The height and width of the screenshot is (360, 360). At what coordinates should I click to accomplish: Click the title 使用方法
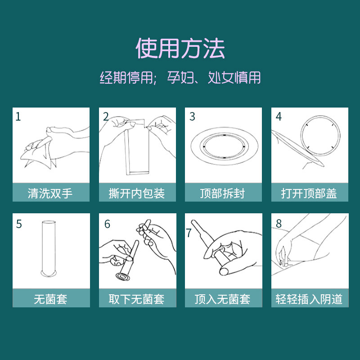point(180,49)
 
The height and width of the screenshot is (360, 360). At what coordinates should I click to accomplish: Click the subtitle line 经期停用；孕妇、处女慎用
point(180,77)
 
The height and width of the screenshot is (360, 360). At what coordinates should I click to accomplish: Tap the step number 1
point(18,117)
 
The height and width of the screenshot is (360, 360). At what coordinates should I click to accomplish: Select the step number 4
point(279,117)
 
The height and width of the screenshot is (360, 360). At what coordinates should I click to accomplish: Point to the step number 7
point(189,233)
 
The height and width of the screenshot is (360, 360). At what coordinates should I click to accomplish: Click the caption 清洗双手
point(50,193)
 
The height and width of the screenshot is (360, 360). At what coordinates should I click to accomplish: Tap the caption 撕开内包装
point(137,193)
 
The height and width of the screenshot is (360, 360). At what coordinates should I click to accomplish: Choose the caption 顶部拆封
point(222,193)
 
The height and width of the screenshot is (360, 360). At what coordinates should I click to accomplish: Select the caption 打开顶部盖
point(309,193)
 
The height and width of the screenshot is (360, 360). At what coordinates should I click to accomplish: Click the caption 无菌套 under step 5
point(50,299)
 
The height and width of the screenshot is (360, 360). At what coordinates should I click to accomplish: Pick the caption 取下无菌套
point(137,299)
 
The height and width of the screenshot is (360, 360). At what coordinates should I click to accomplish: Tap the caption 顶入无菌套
point(222,299)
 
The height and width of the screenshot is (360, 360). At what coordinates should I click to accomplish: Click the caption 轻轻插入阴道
point(309,299)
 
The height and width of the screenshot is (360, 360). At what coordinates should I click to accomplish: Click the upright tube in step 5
point(49,248)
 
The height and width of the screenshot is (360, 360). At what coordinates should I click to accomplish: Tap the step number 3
point(192,117)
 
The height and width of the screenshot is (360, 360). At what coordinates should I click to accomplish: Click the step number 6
point(107,224)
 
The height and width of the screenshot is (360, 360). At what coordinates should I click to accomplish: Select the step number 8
point(279,223)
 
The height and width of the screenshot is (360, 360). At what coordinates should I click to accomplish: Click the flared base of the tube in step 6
point(123,277)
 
